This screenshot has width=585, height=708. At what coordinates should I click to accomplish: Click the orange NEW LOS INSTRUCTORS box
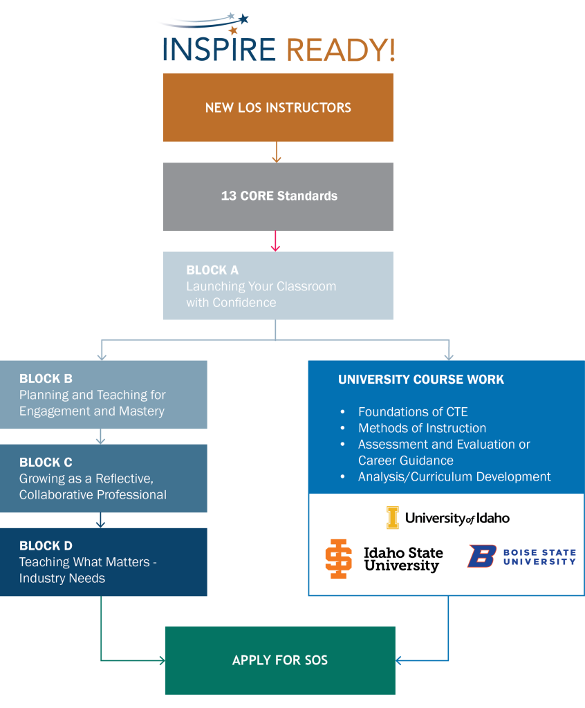click(x=278, y=108)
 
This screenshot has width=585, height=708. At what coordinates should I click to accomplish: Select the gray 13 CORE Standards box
click(x=278, y=196)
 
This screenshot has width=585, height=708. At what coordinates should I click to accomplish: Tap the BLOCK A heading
click(x=212, y=270)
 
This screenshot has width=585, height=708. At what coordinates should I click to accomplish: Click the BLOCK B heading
click(x=46, y=379)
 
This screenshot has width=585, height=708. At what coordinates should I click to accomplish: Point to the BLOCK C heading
click(x=46, y=463)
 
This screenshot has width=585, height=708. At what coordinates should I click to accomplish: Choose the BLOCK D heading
click(x=46, y=546)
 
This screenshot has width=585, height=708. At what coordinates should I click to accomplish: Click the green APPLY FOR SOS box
click(x=280, y=660)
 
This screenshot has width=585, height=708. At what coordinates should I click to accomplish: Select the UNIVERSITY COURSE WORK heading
click(x=421, y=380)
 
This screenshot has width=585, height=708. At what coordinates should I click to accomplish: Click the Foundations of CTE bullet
click(x=413, y=412)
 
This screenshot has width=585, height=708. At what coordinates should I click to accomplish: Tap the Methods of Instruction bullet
click(x=422, y=428)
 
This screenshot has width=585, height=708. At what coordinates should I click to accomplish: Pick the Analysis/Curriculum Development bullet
click(x=454, y=476)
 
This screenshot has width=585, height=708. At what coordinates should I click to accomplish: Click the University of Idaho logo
click(x=448, y=518)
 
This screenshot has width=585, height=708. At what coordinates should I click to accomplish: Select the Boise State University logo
click(x=523, y=557)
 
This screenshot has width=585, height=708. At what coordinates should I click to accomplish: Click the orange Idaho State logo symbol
click(x=338, y=559)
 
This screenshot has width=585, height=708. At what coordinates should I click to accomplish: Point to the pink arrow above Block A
click(x=276, y=241)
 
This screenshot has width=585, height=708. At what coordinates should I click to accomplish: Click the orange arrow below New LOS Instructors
click(x=277, y=153)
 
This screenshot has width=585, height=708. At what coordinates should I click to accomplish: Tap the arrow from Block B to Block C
click(x=101, y=436)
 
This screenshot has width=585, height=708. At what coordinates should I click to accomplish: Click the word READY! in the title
click(x=340, y=50)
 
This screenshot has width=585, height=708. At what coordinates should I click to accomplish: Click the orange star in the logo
click(x=233, y=30)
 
